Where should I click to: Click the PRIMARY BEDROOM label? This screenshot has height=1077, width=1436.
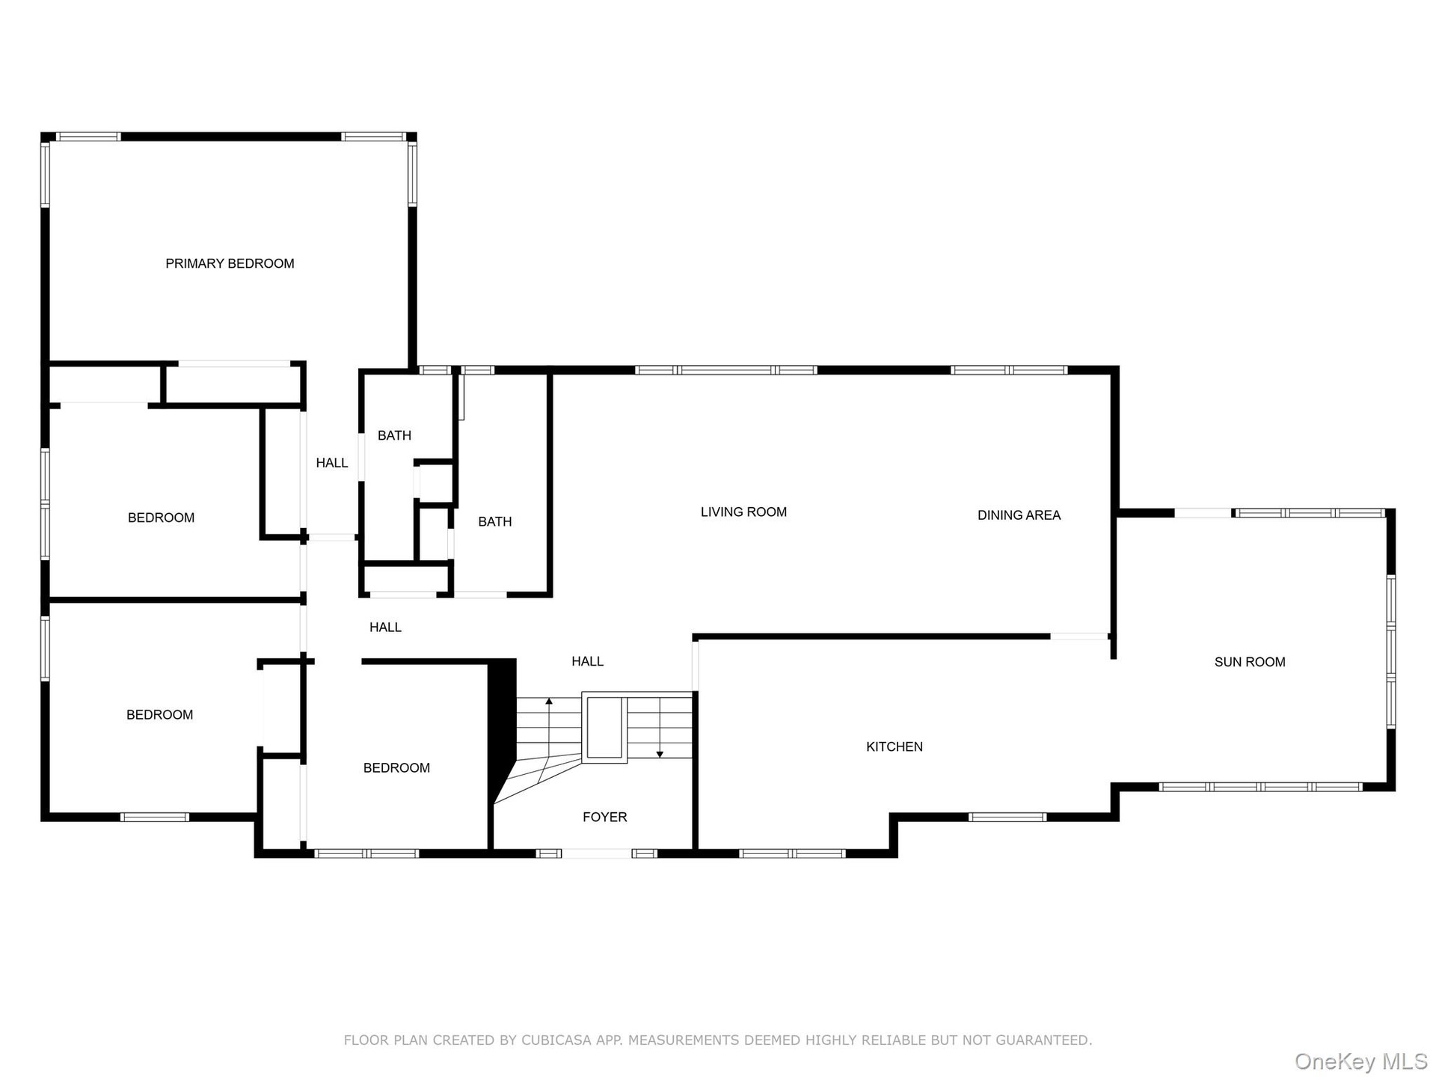[x=230, y=263]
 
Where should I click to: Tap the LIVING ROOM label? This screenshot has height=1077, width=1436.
[x=743, y=512]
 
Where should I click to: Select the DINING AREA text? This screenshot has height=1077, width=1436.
[x=1019, y=515]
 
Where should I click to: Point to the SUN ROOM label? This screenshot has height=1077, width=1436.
[x=1250, y=662]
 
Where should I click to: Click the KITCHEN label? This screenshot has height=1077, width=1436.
[x=895, y=746]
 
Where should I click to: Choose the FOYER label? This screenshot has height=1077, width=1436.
[x=605, y=817]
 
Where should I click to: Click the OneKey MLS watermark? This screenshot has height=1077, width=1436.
[x=1361, y=1061]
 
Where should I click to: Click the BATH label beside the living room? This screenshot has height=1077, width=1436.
[x=495, y=522]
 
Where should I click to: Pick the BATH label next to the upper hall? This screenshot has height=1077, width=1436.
[x=394, y=436]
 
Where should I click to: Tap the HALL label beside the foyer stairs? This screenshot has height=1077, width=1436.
[x=588, y=661]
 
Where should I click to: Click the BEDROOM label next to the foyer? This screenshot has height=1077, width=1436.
[x=396, y=768]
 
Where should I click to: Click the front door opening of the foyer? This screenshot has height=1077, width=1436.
[x=597, y=853]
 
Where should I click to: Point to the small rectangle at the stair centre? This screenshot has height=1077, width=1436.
[x=604, y=727]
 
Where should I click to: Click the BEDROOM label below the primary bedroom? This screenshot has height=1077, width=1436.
[x=161, y=518]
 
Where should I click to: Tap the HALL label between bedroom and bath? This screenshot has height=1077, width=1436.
[x=332, y=463]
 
